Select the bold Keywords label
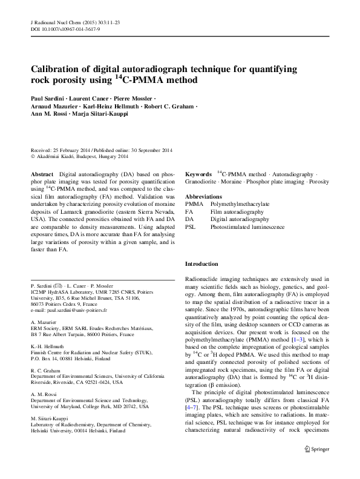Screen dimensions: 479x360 [198, 173]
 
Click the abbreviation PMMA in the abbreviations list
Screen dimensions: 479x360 [194, 205]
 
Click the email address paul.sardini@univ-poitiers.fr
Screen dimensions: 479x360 [77, 309]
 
